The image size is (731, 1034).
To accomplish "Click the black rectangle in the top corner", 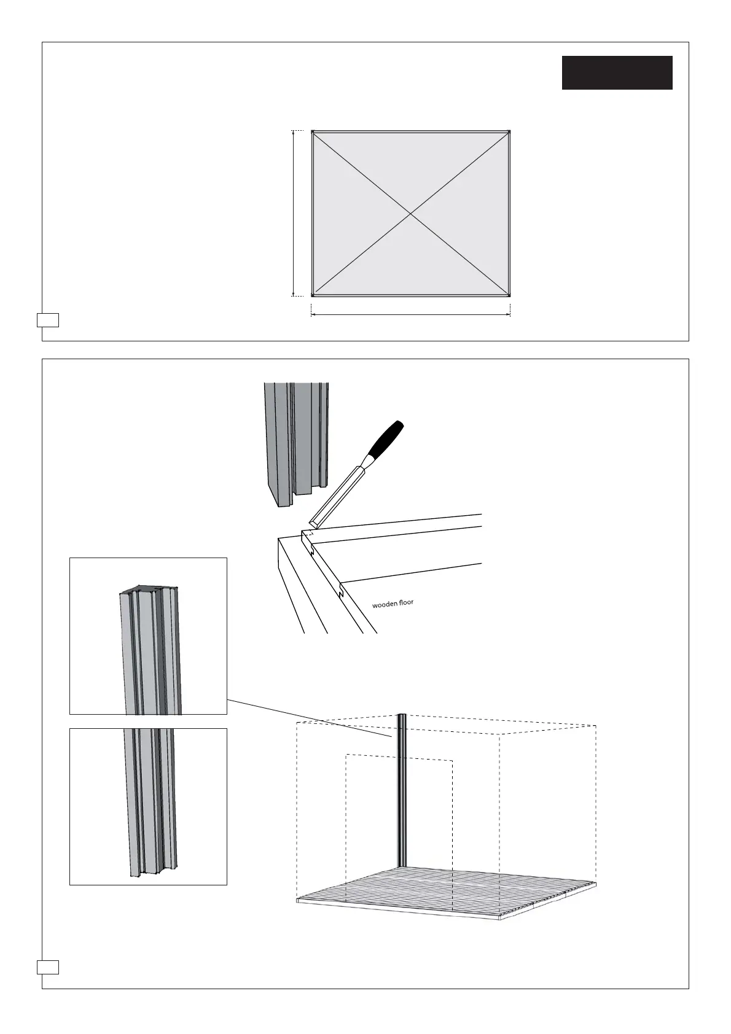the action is [x=617, y=72].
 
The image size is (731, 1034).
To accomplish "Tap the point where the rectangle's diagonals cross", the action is [x=411, y=213].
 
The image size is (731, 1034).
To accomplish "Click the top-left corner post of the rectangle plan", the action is [x=313, y=131].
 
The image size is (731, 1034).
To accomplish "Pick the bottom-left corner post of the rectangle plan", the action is [x=313, y=295].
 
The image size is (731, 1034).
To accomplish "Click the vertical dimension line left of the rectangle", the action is [x=294, y=213].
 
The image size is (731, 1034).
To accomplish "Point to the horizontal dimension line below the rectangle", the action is [x=411, y=315].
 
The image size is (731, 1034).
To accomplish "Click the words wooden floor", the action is [x=393, y=604].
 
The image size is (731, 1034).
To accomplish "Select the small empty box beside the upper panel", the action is [x=48, y=320].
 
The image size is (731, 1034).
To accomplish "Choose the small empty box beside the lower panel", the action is [x=48, y=967].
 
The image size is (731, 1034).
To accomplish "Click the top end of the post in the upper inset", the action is [x=148, y=591].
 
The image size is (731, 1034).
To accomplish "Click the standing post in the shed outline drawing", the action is [x=402, y=792].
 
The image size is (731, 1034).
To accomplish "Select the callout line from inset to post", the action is [x=307, y=718].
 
